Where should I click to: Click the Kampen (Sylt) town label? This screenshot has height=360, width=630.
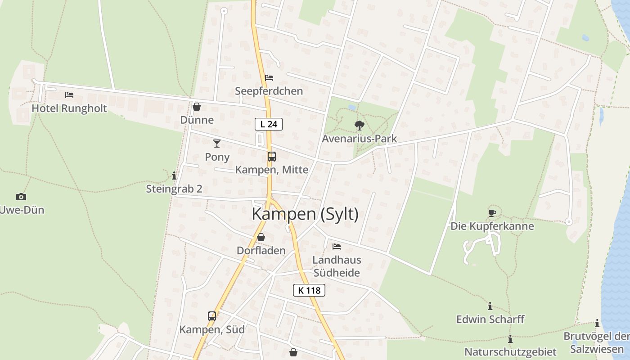point(305,214)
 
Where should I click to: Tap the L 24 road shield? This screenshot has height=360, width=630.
point(269,124)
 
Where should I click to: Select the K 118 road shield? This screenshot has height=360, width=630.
point(309,290)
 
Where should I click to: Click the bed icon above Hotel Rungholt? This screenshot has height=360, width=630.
point(69,95)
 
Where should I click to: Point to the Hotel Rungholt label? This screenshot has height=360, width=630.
point(69,108)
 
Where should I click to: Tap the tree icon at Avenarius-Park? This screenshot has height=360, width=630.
point(359,126)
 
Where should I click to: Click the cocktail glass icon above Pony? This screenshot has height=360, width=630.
point(217,144)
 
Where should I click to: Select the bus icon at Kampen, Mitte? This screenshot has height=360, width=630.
point(272,157)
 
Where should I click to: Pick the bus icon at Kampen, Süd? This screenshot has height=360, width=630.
point(212,316)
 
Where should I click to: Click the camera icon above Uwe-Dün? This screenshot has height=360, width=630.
point(21,197)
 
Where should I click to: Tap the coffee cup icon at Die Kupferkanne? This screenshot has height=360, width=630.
point(492,212)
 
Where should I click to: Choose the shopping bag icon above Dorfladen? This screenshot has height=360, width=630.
point(261,237)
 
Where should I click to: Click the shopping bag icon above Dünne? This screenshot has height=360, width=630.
point(197,107)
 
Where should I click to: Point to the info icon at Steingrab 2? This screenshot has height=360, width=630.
point(174,175)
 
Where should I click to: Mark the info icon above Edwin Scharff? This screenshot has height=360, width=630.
point(490,306)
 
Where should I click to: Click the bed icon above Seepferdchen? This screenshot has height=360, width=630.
point(269,78)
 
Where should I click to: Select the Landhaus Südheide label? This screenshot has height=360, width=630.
point(337,266)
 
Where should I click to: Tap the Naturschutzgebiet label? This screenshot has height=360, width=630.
point(510,351)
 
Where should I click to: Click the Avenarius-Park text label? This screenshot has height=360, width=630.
point(359,139)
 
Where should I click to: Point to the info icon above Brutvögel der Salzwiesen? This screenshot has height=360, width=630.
point(597,324)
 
